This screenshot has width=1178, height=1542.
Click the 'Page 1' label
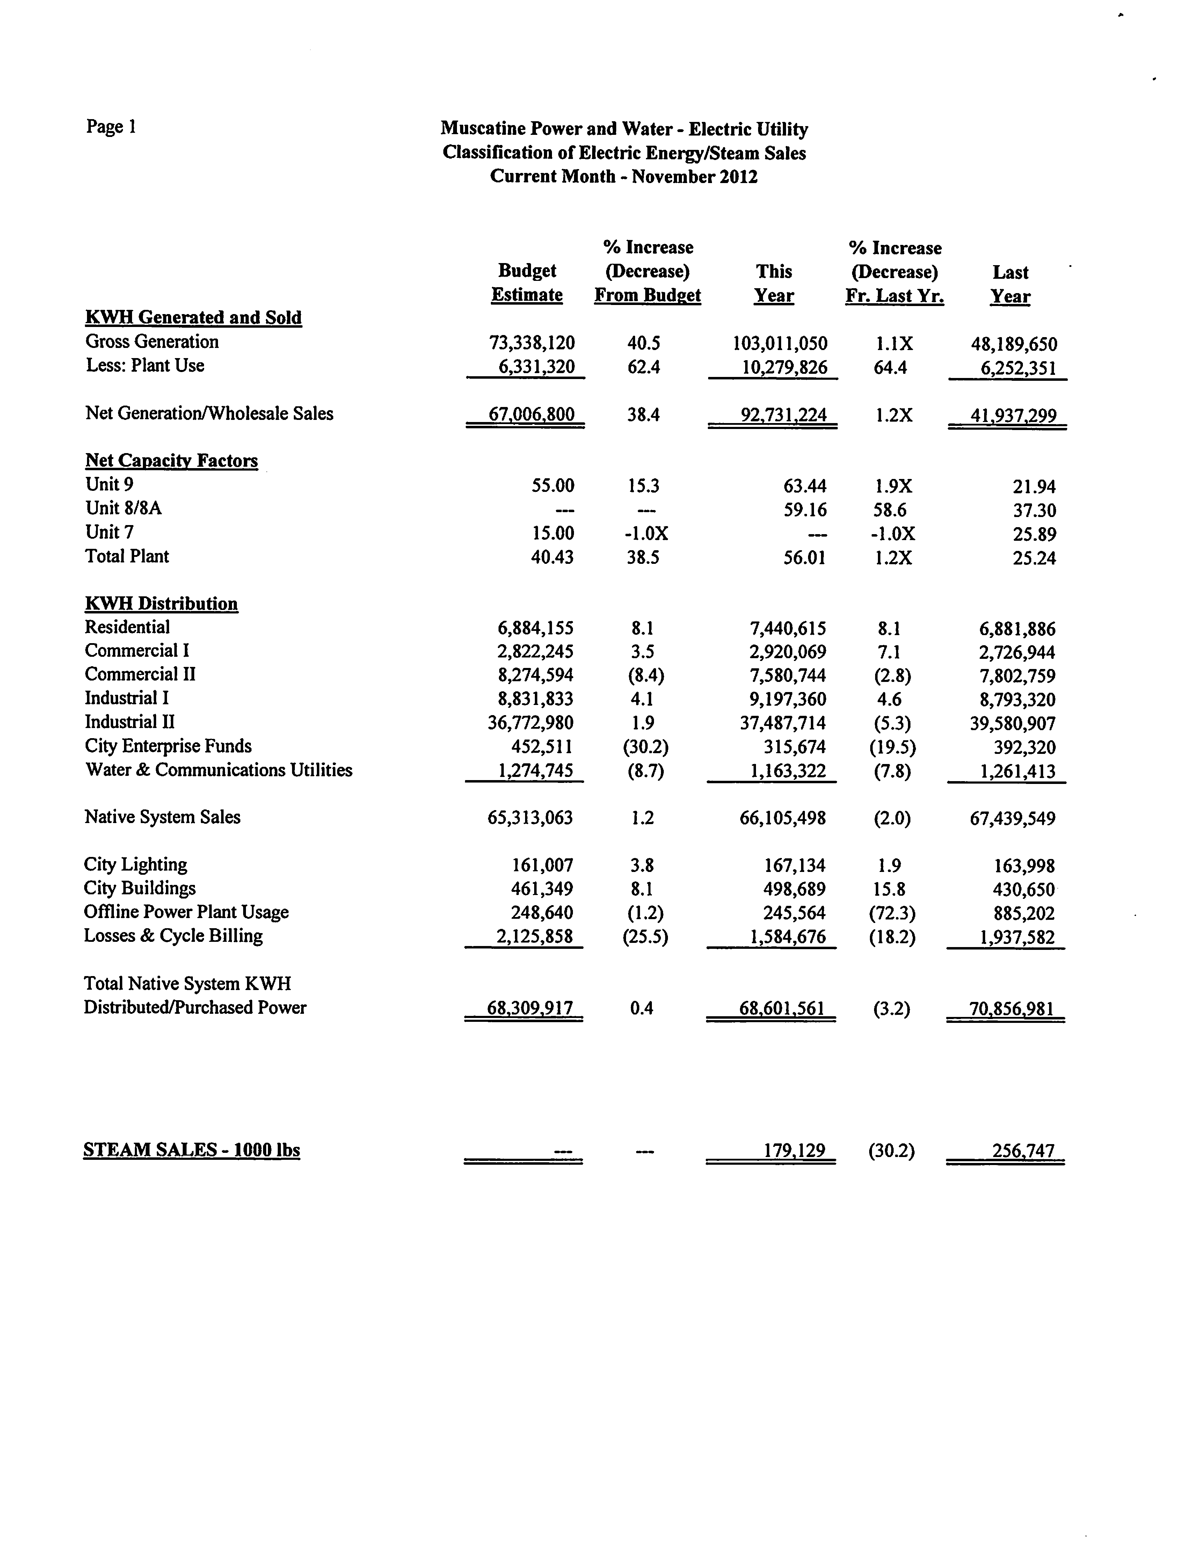click(111, 127)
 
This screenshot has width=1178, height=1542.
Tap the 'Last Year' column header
click(1010, 284)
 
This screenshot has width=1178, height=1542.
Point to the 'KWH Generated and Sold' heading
click(194, 318)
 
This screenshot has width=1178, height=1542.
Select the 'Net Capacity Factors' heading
click(172, 461)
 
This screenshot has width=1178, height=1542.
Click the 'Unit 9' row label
click(109, 485)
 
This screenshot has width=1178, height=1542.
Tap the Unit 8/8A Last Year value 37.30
click(1034, 510)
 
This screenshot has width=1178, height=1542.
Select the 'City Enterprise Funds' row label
click(168, 746)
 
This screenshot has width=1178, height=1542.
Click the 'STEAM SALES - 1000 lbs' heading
click(191, 1150)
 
